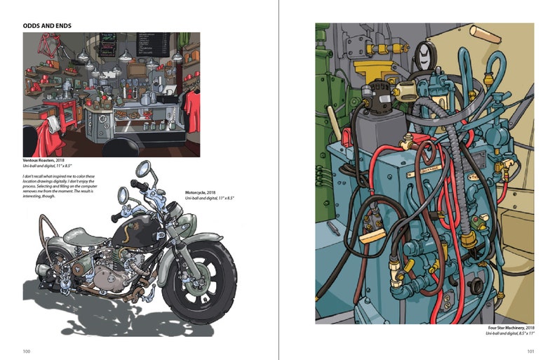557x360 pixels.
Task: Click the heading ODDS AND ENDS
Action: coord(47,26)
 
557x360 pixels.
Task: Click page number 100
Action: coord(27,351)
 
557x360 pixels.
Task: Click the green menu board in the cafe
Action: coord(107,46)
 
